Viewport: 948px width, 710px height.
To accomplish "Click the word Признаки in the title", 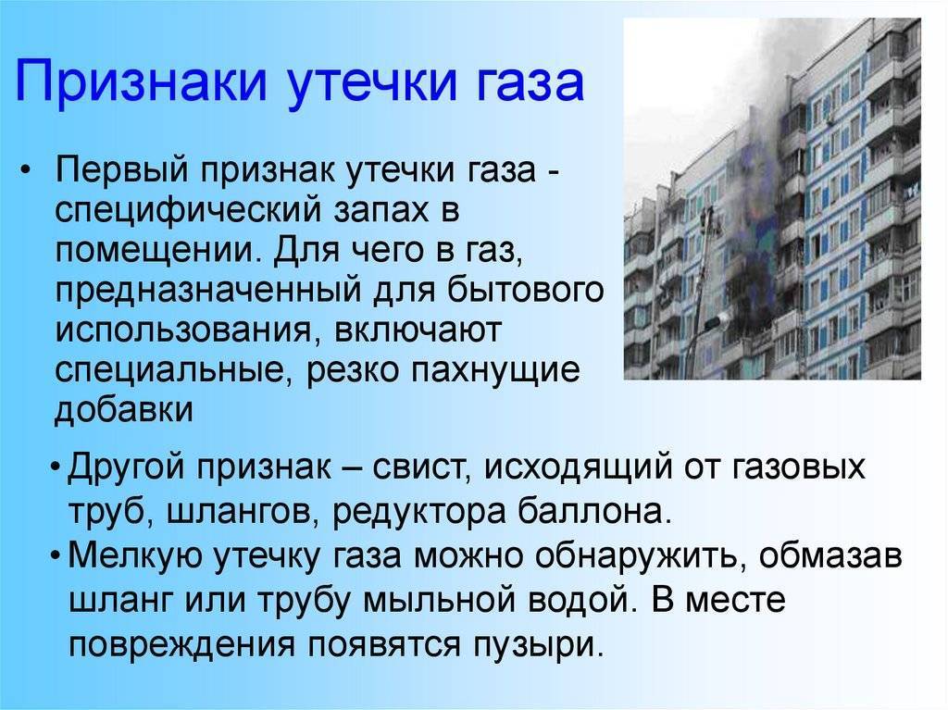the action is click(x=141, y=81).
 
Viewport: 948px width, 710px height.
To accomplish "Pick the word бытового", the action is click(x=525, y=291).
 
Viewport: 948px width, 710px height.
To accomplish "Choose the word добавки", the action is click(x=124, y=409).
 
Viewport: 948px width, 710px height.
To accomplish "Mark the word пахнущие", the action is click(x=495, y=370).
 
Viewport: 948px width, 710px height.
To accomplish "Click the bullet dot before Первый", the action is click(x=24, y=171).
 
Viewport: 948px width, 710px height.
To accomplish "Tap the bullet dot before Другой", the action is click(x=56, y=468).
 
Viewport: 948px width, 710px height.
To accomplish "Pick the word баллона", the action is click(x=595, y=510).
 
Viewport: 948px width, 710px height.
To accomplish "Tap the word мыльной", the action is click(x=440, y=601).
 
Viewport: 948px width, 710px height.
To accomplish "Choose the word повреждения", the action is click(x=182, y=645).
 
